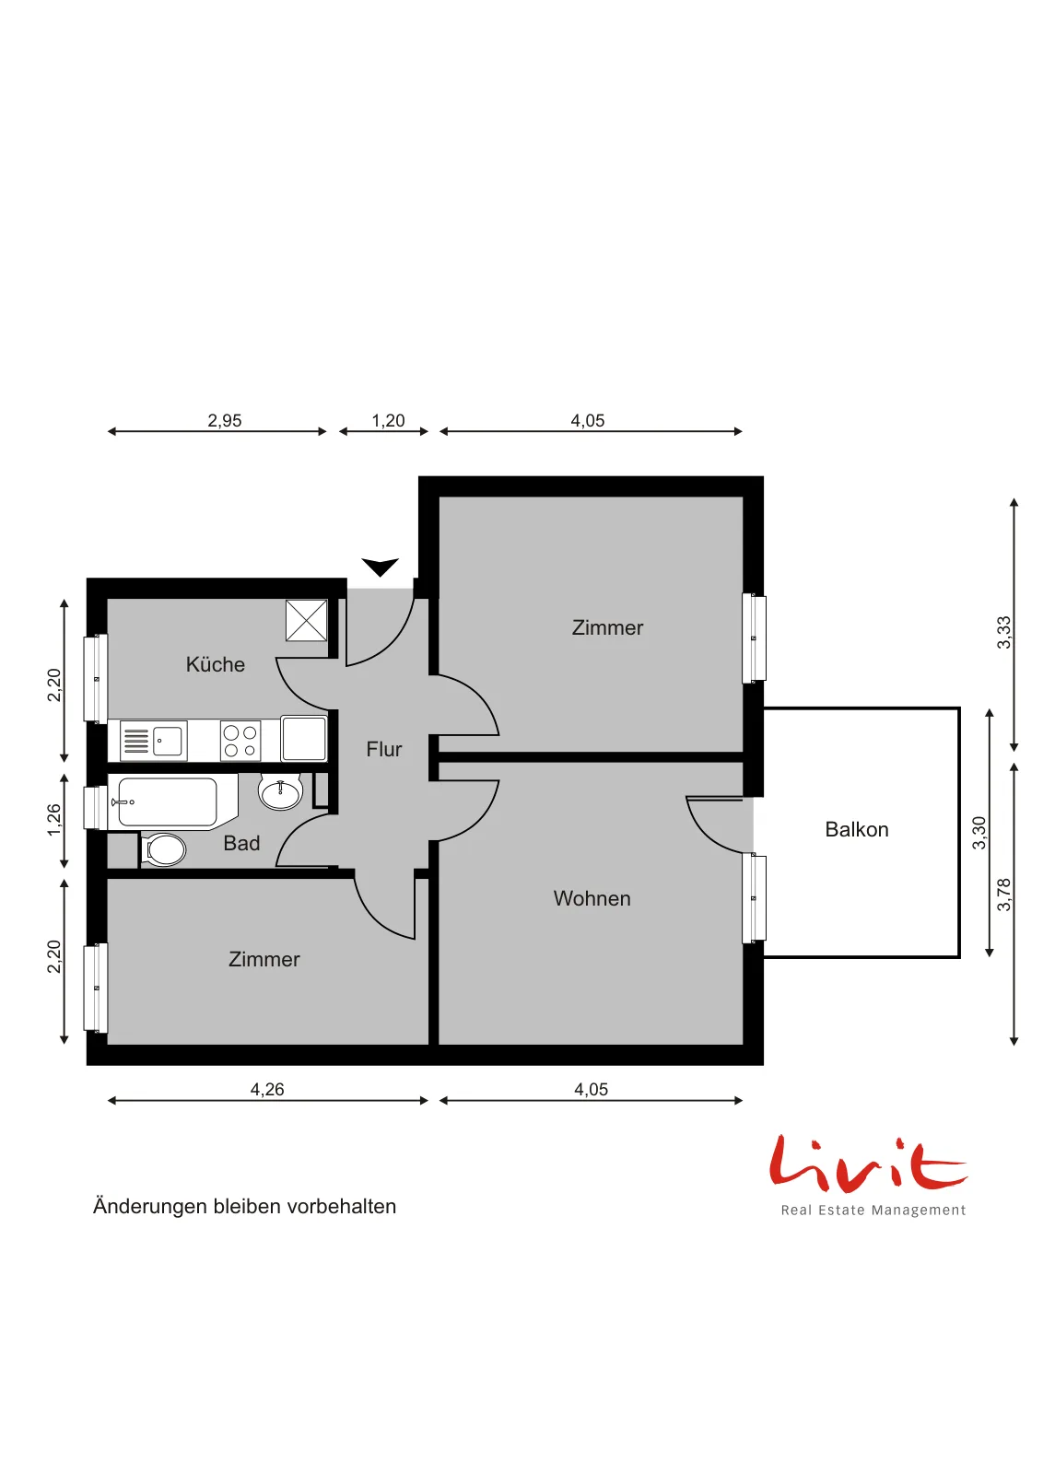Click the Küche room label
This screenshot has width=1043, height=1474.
[x=216, y=664]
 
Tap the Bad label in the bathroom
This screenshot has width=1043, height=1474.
[x=241, y=844]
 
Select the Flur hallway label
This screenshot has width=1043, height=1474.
[x=383, y=750]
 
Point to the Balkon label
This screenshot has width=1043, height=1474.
[x=856, y=830]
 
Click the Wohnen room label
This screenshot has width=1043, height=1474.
[x=592, y=899]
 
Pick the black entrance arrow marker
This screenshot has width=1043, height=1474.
[x=380, y=567]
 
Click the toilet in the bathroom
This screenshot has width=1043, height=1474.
[x=163, y=849]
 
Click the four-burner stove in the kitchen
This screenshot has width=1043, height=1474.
[x=240, y=741]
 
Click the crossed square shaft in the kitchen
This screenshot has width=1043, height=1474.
[x=306, y=620]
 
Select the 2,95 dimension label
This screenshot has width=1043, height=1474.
[x=225, y=420]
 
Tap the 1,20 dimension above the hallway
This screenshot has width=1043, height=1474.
[x=388, y=420]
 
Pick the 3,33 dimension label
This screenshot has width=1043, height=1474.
[x=1003, y=632]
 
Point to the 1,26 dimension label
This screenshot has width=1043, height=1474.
[x=54, y=820]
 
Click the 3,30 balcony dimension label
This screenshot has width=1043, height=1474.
[x=979, y=833]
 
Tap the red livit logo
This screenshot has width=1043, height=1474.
[x=869, y=1175]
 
